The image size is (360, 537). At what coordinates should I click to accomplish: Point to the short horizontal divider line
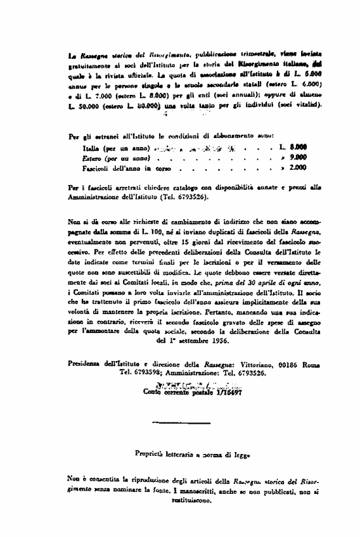coord(171,423)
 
